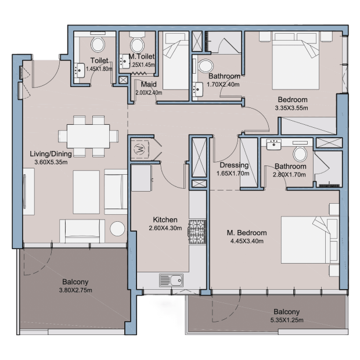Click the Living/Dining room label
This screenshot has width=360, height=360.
click(51, 154)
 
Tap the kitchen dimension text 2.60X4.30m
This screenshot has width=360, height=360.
click(165, 228)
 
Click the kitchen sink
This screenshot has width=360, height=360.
click(171, 280)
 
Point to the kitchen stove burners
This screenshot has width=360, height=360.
click(197, 232)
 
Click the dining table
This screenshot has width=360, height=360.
click(88, 136)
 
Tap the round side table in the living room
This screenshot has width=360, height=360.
click(117, 229)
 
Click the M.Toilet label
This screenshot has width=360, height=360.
click(142, 56)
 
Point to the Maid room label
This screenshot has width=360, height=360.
click(149, 84)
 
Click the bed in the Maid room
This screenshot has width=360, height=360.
click(175, 61)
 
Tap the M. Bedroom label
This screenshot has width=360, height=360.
click(247, 233)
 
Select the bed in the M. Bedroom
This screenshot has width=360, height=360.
click(310, 239)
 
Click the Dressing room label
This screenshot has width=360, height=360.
click(234, 165)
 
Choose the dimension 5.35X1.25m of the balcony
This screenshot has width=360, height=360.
click(287, 320)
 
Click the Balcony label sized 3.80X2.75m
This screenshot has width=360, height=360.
click(75, 282)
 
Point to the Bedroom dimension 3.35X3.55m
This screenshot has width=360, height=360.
click(291, 108)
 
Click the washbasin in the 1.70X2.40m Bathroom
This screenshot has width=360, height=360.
click(197, 89)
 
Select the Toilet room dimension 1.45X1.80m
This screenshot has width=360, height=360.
click(99, 69)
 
